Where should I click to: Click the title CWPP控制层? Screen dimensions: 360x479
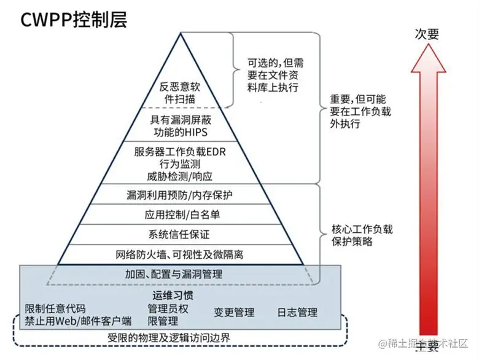click(74, 20)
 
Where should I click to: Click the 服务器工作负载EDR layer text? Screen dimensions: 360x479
click(181, 162)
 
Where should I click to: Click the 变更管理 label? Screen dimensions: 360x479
click(234, 312)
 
